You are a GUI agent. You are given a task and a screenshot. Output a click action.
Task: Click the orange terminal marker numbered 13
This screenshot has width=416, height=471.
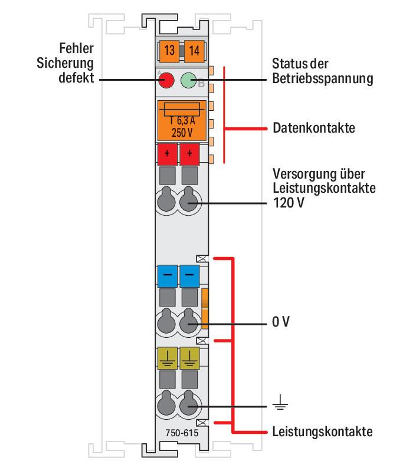pyautogui.click(x=169, y=51)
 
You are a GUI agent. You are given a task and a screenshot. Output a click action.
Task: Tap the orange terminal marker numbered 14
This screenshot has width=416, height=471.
pyautogui.click(x=194, y=51)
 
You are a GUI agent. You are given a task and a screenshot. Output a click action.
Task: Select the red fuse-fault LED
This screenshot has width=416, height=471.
pyautogui.click(x=166, y=80)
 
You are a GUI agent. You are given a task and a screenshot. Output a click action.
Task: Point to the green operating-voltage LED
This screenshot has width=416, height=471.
pyautogui.click(x=188, y=80)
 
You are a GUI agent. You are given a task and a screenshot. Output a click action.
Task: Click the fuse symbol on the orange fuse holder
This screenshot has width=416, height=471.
pyautogui.click(x=182, y=109)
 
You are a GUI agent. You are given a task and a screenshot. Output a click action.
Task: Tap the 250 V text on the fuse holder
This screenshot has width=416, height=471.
pyautogui.click(x=182, y=133)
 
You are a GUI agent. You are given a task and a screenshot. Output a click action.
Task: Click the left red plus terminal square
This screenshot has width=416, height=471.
pyautogui.click(x=168, y=154)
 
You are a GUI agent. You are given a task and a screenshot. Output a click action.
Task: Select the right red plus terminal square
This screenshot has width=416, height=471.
pyautogui.click(x=189, y=154)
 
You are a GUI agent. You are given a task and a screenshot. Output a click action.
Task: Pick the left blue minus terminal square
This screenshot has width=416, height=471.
pyautogui.click(x=168, y=275)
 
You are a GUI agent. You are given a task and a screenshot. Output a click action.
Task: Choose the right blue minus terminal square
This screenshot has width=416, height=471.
pyautogui.click(x=189, y=275)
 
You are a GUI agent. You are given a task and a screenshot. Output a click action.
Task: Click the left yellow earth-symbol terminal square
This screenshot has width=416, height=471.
pyautogui.click(x=168, y=358)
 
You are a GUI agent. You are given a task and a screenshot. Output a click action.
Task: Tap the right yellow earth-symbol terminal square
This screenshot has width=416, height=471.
pyautogui.click(x=189, y=358)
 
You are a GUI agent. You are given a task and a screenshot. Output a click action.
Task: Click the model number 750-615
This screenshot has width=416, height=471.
pyautogui.click(x=182, y=433)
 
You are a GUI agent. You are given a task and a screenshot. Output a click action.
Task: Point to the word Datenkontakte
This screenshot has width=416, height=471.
pyautogui.click(x=314, y=128)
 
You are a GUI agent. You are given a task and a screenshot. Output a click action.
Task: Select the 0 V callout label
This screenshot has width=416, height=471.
pyautogui.click(x=281, y=322)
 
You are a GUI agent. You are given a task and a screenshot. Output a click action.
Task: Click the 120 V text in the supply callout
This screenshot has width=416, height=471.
pyautogui.click(x=289, y=202)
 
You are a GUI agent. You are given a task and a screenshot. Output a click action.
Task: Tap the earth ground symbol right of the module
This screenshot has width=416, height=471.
pyautogui.click(x=280, y=402)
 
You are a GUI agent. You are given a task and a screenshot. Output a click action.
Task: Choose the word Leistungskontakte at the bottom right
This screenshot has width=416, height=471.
pyautogui.click(x=323, y=432)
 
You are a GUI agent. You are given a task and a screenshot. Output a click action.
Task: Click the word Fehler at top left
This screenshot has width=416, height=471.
pyautogui.click(x=76, y=48)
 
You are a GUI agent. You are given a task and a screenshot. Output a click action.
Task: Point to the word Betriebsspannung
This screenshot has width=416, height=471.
pyautogui.click(x=323, y=79)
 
